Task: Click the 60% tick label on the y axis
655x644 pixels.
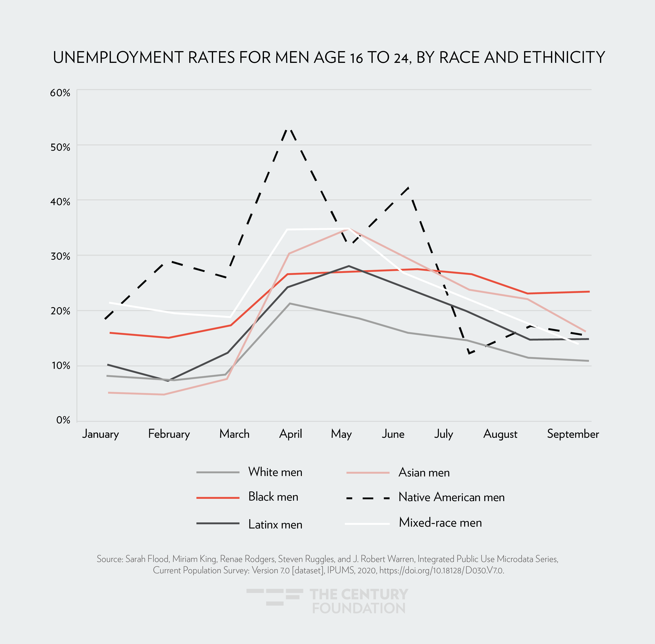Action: pos(60,93)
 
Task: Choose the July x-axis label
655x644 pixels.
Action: pos(443,434)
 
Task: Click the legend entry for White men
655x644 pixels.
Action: pos(275,472)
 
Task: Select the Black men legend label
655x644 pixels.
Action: pos(273,497)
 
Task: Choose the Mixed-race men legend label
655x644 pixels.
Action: pos(440,523)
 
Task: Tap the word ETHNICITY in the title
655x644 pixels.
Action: pos(564,57)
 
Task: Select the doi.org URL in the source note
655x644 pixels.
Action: pos(441,571)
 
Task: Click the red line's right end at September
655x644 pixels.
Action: pos(589,291)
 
